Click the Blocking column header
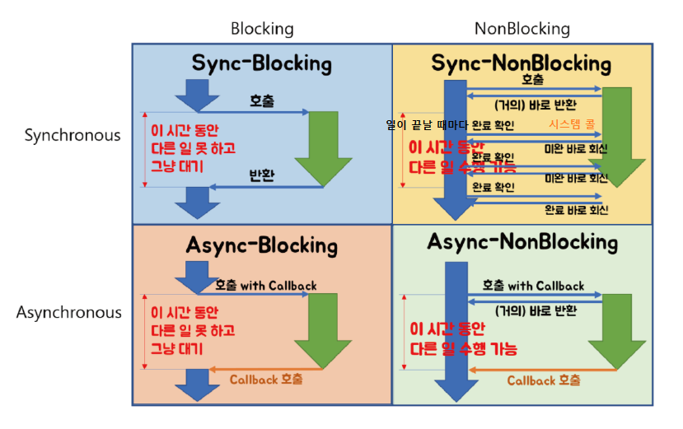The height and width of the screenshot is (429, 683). (262, 29)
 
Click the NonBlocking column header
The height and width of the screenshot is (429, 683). (522, 29)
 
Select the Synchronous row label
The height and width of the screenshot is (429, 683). (73, 135)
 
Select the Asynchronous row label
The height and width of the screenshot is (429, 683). (68, 313)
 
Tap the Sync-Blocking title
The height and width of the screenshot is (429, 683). (261, 63)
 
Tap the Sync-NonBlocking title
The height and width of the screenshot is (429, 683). (522, 63)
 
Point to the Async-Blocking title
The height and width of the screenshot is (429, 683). (261, 245)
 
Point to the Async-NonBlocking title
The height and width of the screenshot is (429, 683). (522, 242)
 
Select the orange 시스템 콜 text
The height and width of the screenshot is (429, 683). (575, 125)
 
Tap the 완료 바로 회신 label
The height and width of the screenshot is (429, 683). (576, 210)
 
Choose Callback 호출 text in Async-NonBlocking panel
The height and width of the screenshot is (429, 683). (543, 380)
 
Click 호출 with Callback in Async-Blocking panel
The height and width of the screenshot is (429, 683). (265, 286)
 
